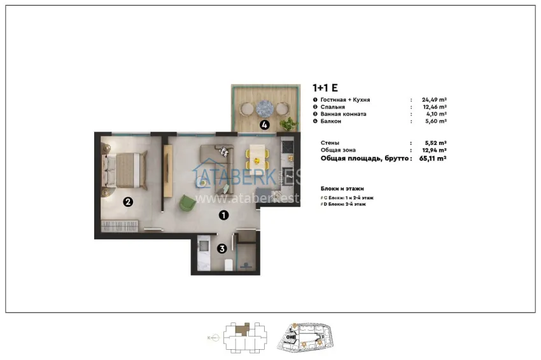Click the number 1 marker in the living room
pos(223,215)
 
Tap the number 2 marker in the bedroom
pos(128,202)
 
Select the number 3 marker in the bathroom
pos(221,249)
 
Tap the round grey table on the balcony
pos(264,107)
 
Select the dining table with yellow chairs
pos(256,153)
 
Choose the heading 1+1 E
pos(325,88)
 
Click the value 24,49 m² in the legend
pos(433,100)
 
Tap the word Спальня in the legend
pos(330,107)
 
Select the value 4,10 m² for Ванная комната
pos(435,114)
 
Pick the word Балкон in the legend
pos(329,121)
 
